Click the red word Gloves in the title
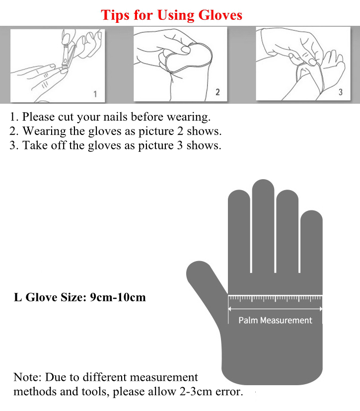coord(220,15)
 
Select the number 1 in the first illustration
coord(95,94)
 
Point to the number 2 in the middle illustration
coord(217,92)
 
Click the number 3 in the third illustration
coord(340,92)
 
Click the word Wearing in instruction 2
coord(44,132)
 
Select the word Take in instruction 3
coord(35,145)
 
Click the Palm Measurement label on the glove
coord(275,320)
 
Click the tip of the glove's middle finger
coord(263,180)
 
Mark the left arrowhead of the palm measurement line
coord(229,309)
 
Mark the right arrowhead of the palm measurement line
coord(321,309)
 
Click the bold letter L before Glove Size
coord(17,297)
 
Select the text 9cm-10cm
coord(118,297)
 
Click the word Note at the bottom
coord(27,377)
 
